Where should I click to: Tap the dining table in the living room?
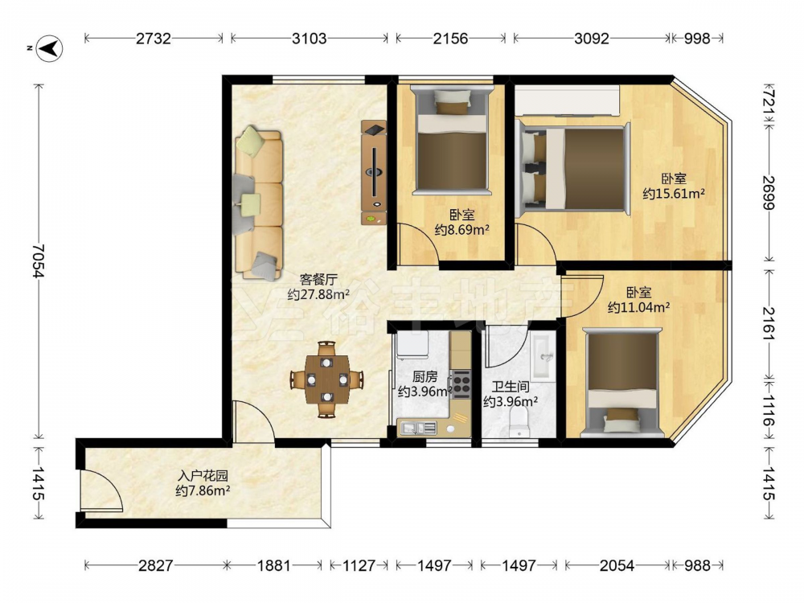coord(327,380)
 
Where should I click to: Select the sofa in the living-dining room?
coord(258,203)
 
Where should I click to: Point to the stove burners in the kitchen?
coord(461,384)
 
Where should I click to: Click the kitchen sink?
coord(417,428)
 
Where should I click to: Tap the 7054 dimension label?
coord(38,261)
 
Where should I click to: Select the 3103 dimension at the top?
coord(310,38)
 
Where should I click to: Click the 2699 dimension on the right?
coord(768,193)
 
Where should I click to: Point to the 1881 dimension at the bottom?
coord(274,565)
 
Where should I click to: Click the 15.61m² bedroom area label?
coord(674,194)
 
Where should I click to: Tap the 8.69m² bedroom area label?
coord(461,230)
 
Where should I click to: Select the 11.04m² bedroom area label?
coord(639,308)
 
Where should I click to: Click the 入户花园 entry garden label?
coord(203,475)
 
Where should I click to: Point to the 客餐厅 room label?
coord(318,280)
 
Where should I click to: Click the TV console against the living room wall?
coord(373,173)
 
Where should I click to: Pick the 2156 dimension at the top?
coord(450,38)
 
